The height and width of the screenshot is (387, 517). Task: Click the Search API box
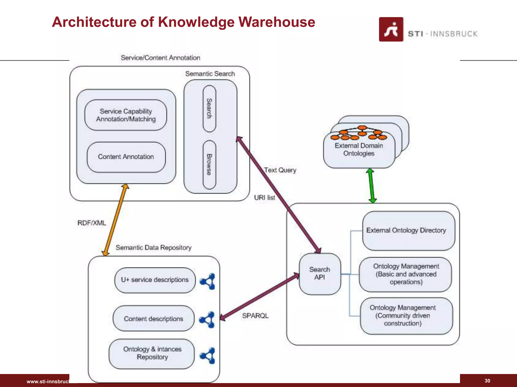pos(320,274)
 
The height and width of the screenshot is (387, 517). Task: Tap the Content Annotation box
pos(126,157)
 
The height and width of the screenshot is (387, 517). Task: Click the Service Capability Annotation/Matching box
pos(126,115)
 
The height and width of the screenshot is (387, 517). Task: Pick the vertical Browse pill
pos(209,165)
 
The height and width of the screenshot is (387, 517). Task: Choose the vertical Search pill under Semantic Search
pos(209,108)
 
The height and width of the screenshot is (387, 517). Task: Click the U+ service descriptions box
pos(155,280)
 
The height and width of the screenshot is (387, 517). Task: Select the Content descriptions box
pos(153,319)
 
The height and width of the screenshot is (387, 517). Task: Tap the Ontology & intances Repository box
pos(152,353)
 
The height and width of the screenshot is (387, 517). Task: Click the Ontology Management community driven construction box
pos(406,316)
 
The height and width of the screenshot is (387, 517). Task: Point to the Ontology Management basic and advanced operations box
pos(405,274)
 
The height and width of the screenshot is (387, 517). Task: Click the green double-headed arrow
pos(371,186)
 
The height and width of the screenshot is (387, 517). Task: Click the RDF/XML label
pos(92,223)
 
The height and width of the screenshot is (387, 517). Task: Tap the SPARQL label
pos(255,316)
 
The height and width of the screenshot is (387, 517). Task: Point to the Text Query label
pos(280,170)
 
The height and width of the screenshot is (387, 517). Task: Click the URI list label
pos(264,198)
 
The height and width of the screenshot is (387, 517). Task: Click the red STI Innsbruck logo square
pos(391,29)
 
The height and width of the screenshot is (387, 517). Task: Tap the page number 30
pos(487,381)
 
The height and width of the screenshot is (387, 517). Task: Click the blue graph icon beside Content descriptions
pos(207,319)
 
